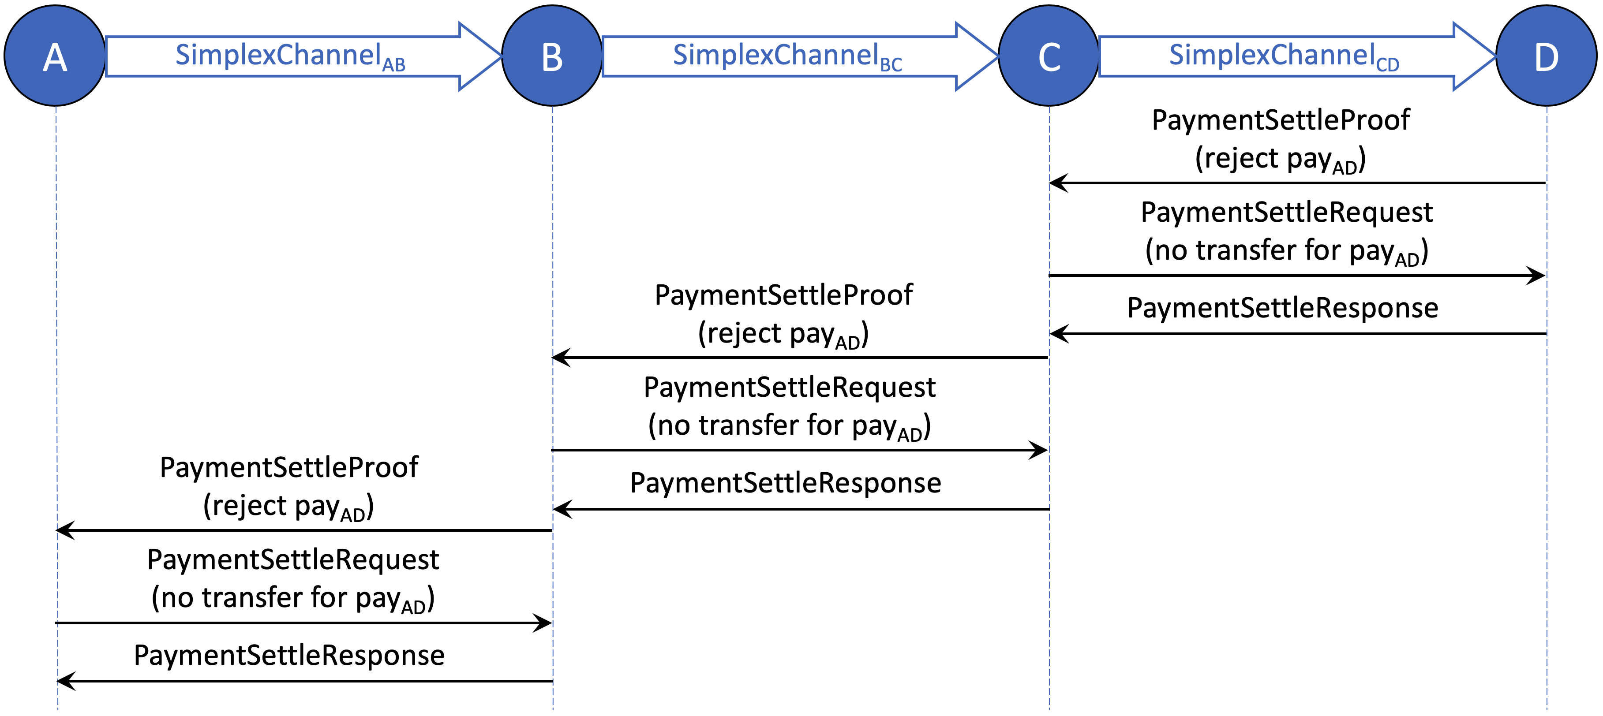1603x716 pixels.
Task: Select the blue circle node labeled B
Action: pos(552,56)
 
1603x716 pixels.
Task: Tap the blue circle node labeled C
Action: pos(1049,56)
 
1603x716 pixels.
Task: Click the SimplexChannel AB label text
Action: pos(289,56)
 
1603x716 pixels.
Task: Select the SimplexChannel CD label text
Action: pos(1283,56)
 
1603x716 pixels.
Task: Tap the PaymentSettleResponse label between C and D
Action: pos(1282,308)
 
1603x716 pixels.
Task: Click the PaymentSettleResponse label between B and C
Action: pos(785,483)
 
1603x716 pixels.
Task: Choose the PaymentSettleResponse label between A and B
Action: pos(289,655)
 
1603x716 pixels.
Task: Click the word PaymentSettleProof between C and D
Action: pos(1280,120)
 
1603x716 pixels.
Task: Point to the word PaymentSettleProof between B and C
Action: pos(783,295)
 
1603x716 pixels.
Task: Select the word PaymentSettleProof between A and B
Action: pos(289,467)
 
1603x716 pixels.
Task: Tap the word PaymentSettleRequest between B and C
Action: pos(789,388)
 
